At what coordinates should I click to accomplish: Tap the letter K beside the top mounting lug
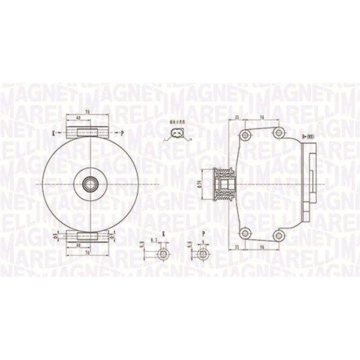point(55,133)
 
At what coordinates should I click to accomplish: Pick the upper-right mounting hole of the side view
point(277,133)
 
